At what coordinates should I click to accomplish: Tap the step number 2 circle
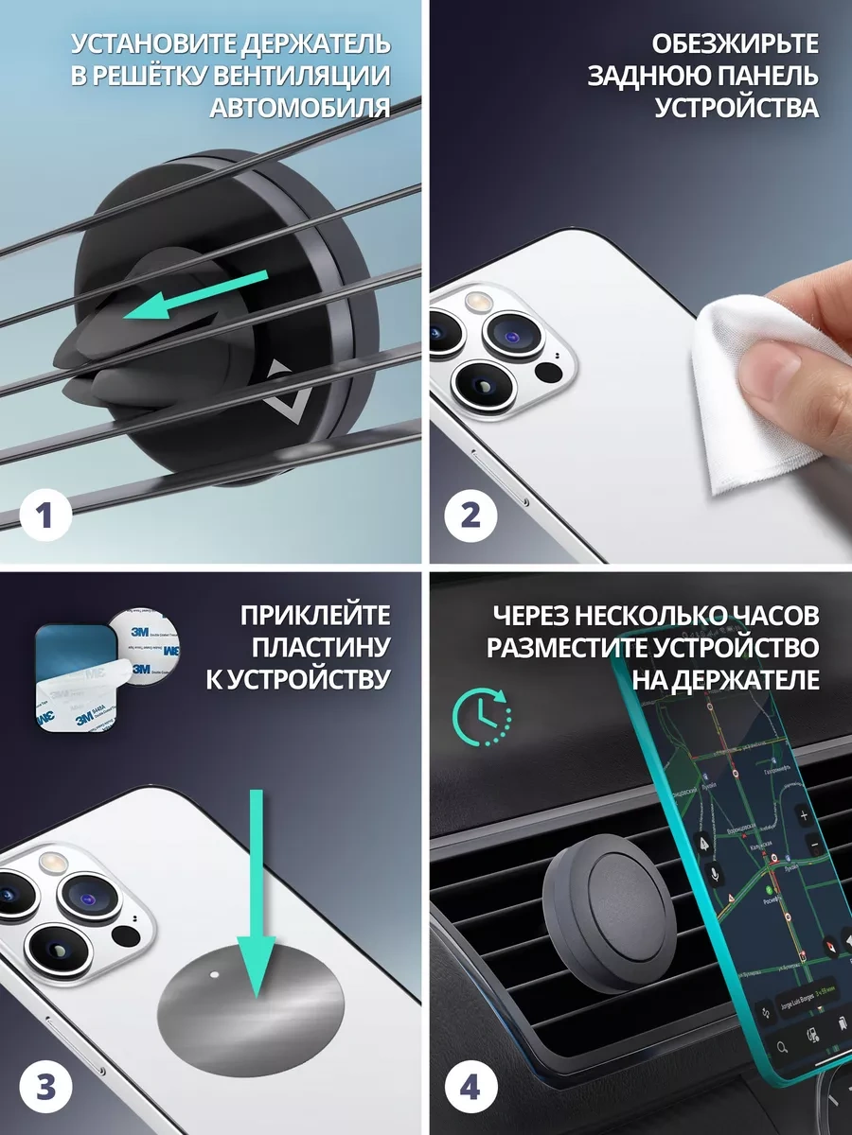pyautogui.click(x=470, y=516)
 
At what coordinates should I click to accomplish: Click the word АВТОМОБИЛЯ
pyautogui.click(x=300, y=107)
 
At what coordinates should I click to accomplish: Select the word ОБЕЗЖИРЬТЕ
pyautogui.click(x=736, y=44)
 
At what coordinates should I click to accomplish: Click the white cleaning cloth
pyautogui.click(x=757, y=397)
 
